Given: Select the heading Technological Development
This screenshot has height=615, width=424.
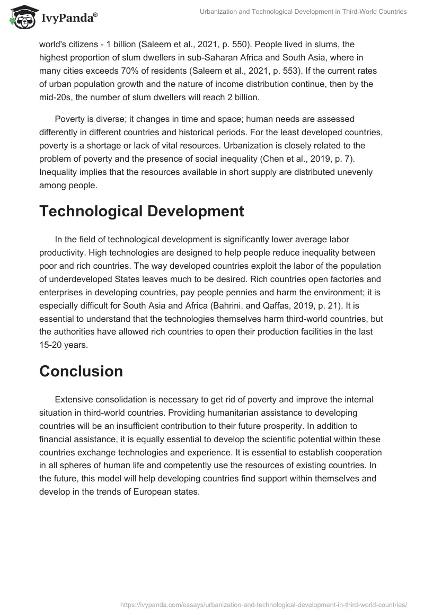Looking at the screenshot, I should (x=142, y=211).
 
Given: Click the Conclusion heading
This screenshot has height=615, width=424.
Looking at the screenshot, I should (x=81, y=371).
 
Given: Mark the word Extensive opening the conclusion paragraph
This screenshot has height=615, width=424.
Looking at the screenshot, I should (x=74, y=399).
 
